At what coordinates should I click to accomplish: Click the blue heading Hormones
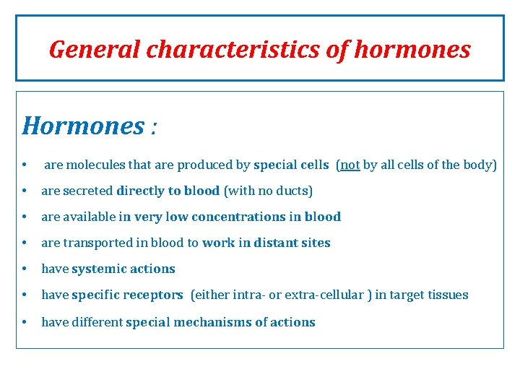(84, 126)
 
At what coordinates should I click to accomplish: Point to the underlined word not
(350, 165)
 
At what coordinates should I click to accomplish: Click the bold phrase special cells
(291, 165)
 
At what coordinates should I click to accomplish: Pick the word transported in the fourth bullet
(94, 243)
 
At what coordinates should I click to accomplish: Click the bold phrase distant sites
(292, 243)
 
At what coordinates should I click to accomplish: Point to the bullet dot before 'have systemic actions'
(25, 269)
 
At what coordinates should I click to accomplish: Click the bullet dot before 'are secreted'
(25, 191)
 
